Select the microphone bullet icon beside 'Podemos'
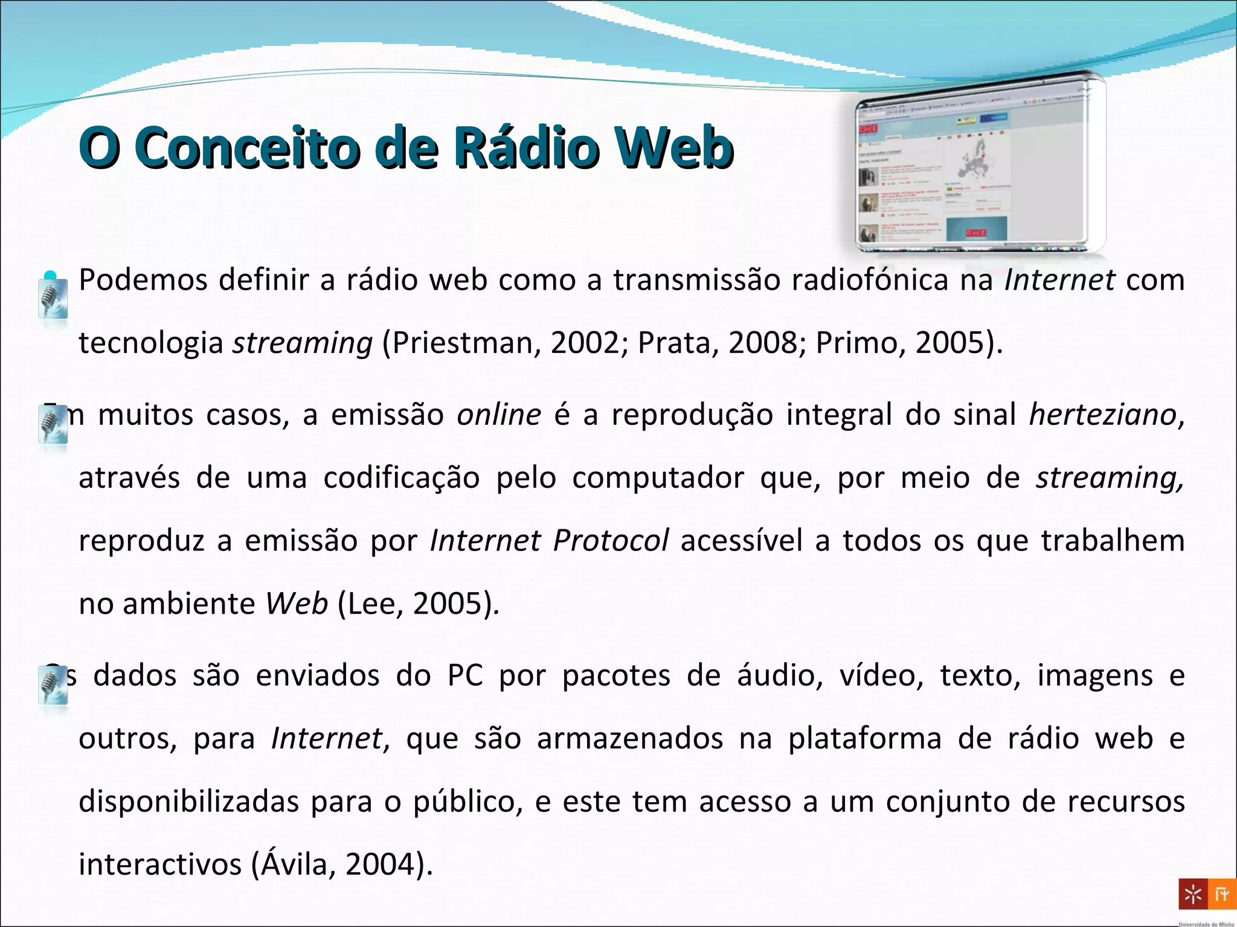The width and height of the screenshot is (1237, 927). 53,298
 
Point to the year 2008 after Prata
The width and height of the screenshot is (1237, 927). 763,343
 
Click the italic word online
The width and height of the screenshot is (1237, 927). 499,415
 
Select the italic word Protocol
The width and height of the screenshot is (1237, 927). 611,540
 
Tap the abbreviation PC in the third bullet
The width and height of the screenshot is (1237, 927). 465,675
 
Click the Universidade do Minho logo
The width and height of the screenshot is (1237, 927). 1206,896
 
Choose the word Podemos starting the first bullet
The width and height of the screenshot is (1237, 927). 143,280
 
